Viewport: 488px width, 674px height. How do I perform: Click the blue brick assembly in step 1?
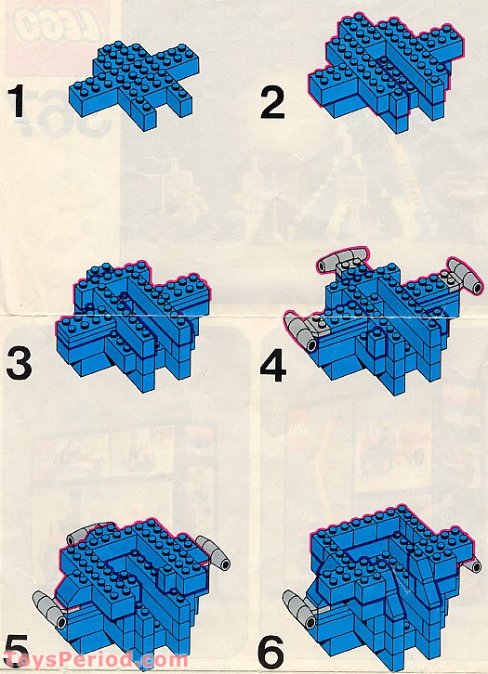[x=140, y=84]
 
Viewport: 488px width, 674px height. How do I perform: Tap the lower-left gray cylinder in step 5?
[x=46, y=602]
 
